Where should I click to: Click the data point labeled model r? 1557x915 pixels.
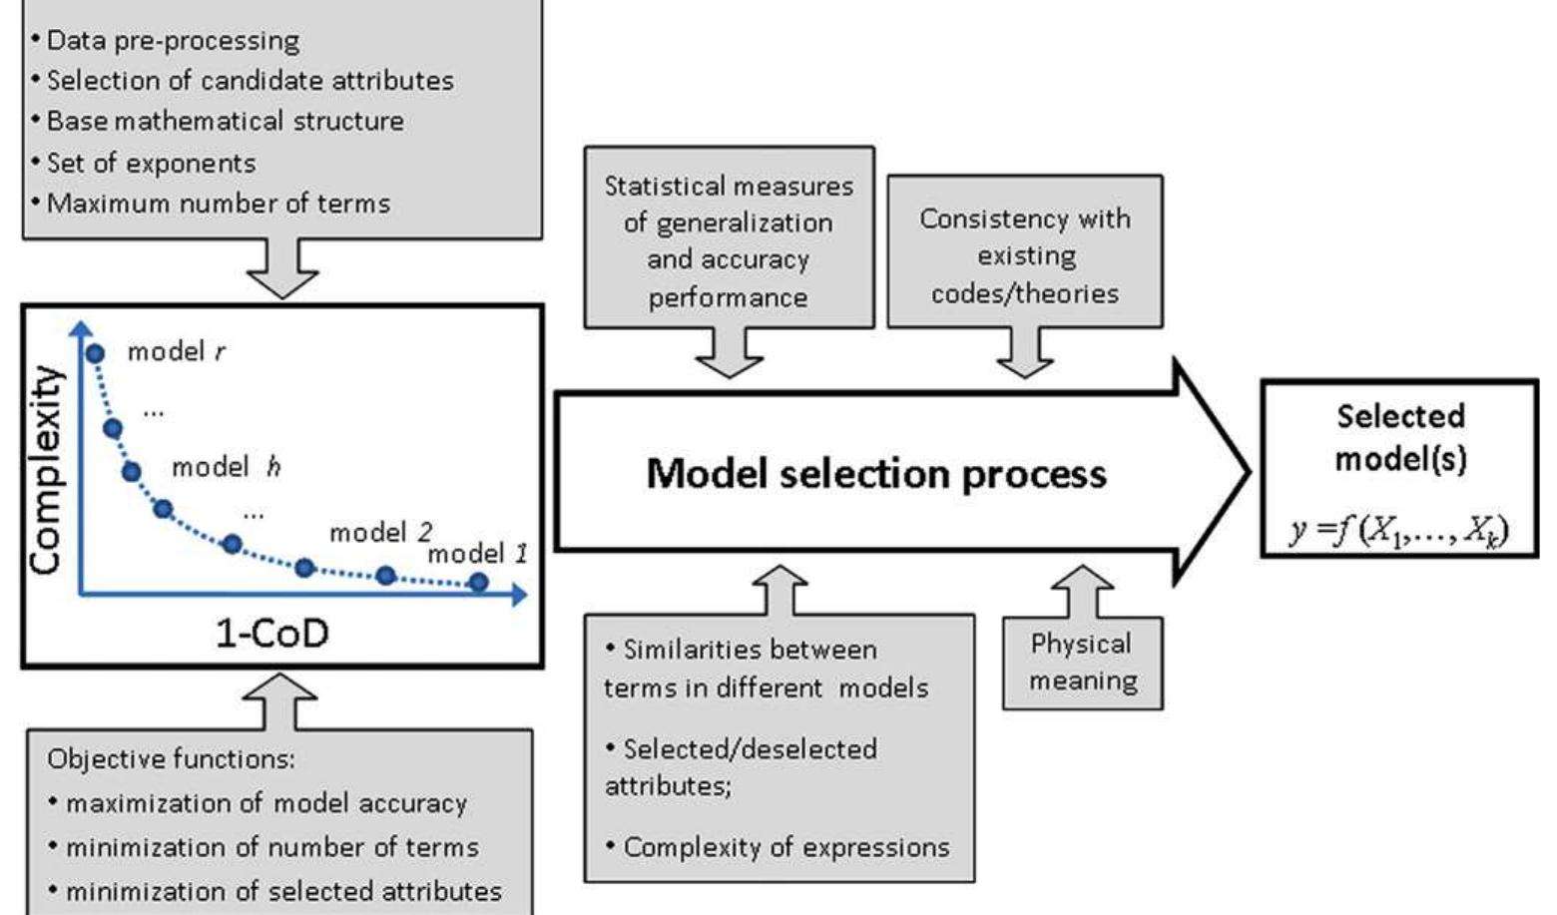click(96, 353)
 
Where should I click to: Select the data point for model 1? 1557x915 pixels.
click(479, 582)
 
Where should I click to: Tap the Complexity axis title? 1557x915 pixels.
click(45, 469)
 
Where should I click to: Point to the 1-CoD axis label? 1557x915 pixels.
click(271, 633)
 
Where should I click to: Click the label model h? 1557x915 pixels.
click(226, 467)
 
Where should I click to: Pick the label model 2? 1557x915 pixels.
click(380, 532)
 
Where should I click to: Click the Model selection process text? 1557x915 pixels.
click(875, 473)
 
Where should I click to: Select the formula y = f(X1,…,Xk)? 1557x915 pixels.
click(1399, 529)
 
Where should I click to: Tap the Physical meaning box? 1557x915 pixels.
click(1082, 662)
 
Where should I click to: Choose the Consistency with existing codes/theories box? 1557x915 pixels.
click(1025, 254)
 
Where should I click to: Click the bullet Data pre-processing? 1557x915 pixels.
click(173, 41)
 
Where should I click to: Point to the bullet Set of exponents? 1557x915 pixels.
click(151, 163)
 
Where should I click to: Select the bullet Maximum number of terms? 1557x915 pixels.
click(218, 204)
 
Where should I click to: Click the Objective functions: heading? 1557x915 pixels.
click(171, 759)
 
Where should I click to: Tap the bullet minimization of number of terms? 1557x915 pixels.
click(271, 847)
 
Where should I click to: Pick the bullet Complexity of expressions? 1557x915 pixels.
click(785, 847)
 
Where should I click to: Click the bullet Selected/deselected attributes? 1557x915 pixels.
click(741, 766)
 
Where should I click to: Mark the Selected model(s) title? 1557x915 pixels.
click(1400, 437)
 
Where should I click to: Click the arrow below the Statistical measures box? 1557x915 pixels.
click(729, 353)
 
